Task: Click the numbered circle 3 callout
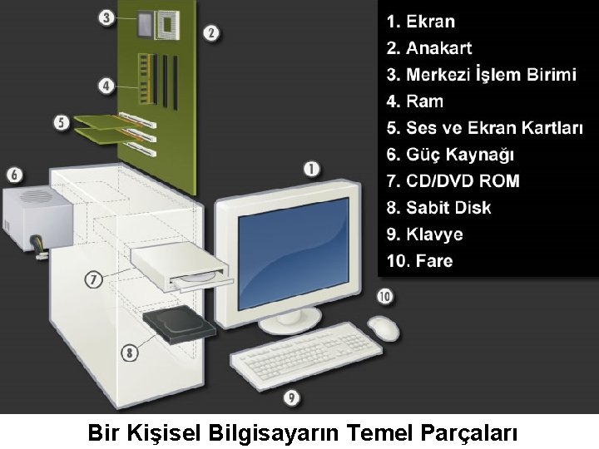107,17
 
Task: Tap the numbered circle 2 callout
211,33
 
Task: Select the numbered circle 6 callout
14,175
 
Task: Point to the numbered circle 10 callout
384,296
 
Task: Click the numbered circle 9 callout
291,398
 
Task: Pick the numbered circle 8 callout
129,353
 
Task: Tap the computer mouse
383,326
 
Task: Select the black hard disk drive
179,323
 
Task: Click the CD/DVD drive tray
198,278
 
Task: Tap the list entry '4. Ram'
415,101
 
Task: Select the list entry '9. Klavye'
425,234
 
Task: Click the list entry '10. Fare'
420,261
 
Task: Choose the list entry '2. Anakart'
440,48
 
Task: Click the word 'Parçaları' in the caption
468,433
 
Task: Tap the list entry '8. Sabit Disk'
439,208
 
